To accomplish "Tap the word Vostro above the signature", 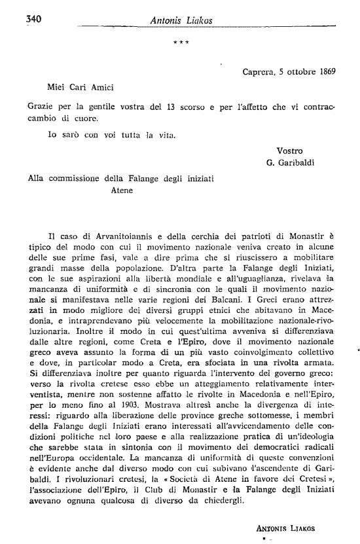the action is click(290, 150).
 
